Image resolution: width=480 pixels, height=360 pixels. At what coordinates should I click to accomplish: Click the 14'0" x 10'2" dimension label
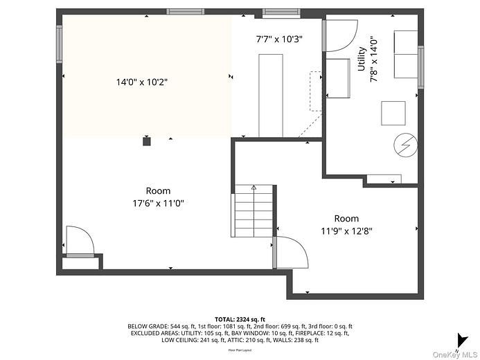(142, 82)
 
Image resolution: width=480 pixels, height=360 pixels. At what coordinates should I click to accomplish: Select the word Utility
(361, 59)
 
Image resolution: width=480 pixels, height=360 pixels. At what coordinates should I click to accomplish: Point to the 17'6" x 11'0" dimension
(159, 203)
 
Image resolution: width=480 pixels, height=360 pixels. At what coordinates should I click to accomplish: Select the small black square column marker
(146, 141)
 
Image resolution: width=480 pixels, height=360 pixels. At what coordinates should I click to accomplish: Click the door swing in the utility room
(339, 36)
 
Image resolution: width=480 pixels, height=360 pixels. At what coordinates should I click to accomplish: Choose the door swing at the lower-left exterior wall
(79, 241)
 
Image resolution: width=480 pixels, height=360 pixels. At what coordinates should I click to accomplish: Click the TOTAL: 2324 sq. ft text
(240, 318)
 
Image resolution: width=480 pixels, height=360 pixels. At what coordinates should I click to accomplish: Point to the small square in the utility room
(393, 113)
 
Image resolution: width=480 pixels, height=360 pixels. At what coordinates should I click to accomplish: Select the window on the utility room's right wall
(420, 67)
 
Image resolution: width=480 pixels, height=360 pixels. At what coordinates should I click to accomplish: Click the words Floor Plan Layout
(240, 350)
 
